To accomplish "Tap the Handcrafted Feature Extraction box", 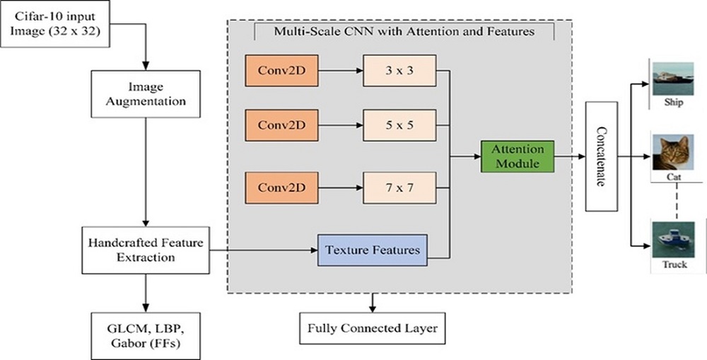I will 146,250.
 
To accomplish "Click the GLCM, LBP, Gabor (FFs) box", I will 146,327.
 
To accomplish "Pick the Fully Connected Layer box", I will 373,328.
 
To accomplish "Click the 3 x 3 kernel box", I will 399,71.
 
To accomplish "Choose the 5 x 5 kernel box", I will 399,125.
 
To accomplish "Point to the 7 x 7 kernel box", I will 399,188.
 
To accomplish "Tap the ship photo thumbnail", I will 673,79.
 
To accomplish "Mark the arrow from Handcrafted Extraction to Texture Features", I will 261,250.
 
